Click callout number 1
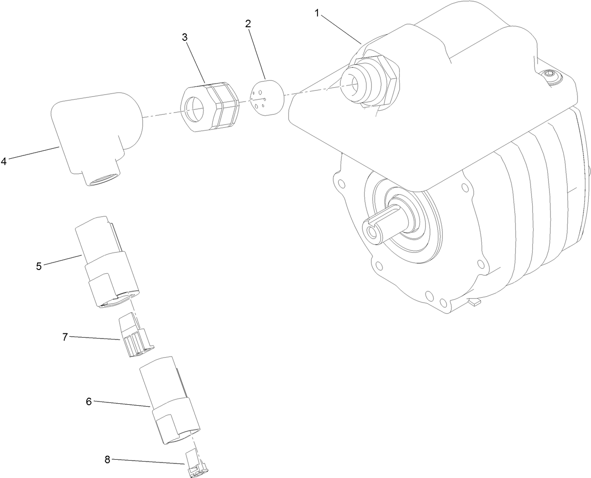[317, 14]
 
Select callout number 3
[185, 38]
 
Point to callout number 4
[4, 162]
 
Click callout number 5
[39, 266]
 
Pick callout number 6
[88, 401]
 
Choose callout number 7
[65, 336]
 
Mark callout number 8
[107, 460]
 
